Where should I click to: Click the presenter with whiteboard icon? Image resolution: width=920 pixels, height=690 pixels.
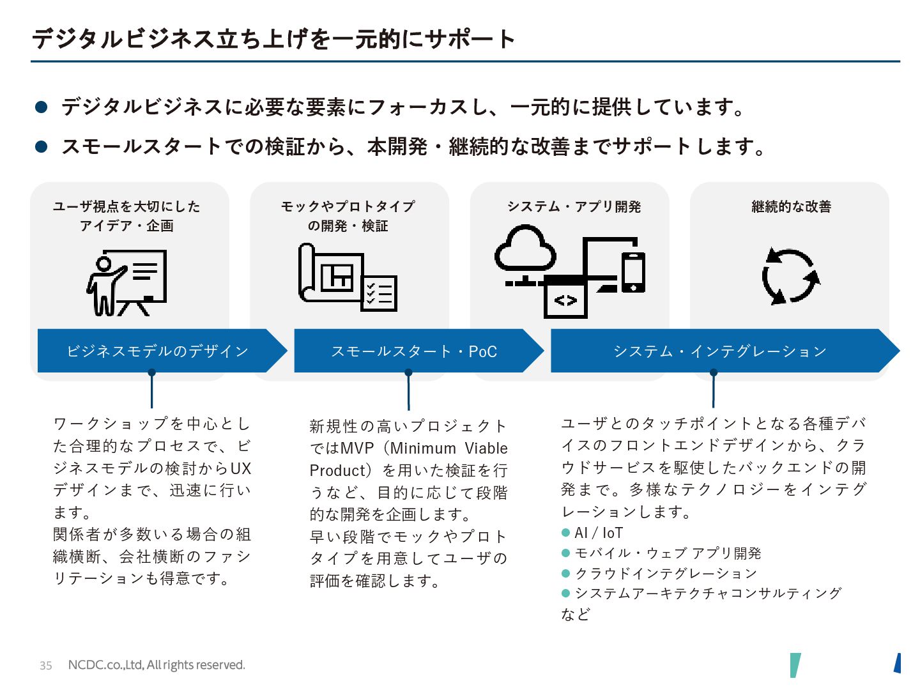coord(126,282)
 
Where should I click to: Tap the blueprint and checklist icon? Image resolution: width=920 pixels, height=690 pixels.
coord(348,277)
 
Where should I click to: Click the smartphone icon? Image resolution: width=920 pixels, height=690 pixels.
coord(633,272)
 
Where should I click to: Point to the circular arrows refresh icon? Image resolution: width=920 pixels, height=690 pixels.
coord(790,276)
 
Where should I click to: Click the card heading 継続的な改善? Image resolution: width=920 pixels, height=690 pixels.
coord(791,206)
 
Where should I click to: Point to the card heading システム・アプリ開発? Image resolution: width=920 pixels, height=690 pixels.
coord(574,206)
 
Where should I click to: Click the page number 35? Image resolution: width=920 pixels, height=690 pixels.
coord(45,665)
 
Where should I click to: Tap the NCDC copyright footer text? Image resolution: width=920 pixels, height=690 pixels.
coord(156,665)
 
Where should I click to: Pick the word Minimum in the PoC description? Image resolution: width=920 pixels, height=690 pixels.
coord(422,448)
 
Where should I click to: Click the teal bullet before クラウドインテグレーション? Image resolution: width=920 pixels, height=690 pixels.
coord(565,573)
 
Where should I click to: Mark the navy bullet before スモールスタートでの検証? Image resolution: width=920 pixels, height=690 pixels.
coord(42,147)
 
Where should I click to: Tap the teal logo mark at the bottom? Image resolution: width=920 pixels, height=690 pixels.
coord(795,664)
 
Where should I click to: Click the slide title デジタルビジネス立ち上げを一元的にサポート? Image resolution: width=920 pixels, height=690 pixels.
coord(273,39)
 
